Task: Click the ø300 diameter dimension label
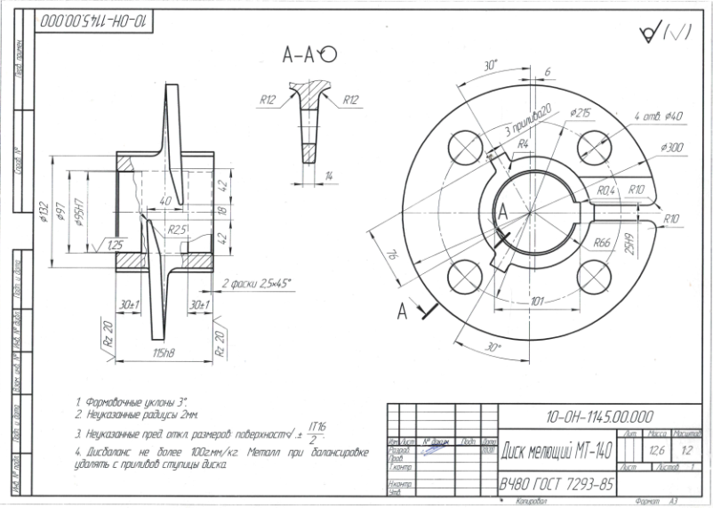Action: [672, 147]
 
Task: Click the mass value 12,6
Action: [656, 449]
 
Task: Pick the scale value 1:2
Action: [687, 449]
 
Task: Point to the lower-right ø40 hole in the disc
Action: [591, 274]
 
